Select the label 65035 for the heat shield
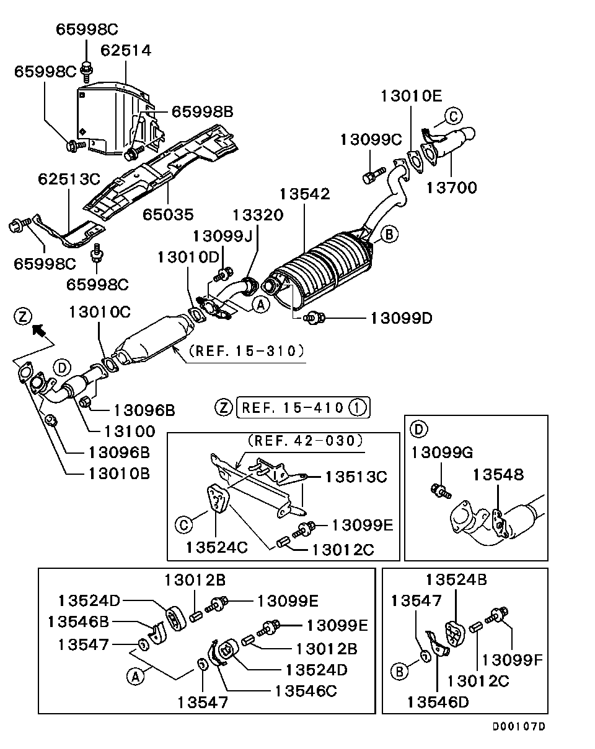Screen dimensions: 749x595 click(x=168, y=214)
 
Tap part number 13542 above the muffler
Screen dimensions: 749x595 click(x=304, y=194)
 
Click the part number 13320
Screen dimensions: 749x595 click(x=258, y=215)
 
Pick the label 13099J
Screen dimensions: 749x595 click(x=222, y=236)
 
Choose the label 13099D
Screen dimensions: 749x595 click(x=401, y=318)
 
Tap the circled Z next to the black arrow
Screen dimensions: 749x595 click(x=23, y=316)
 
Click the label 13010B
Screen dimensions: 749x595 click(x=118, y=474)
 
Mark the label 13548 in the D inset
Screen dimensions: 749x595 click(x=498, y=475)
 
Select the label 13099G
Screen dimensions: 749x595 click(x=442, y=453)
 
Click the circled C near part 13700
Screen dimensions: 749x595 click(x=454, y=115)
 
